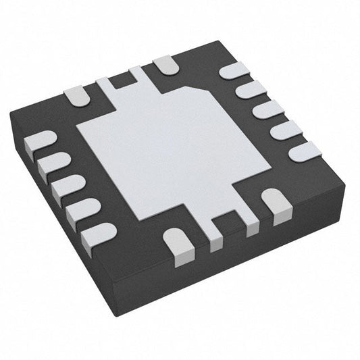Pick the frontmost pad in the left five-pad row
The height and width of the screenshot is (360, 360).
[97, 234]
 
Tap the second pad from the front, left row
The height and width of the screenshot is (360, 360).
[80, 209]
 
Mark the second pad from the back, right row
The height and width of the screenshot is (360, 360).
[251, 89]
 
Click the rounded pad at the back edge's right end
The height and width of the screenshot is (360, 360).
[163, 65]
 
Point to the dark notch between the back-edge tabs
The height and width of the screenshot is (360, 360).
[122, 82]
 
